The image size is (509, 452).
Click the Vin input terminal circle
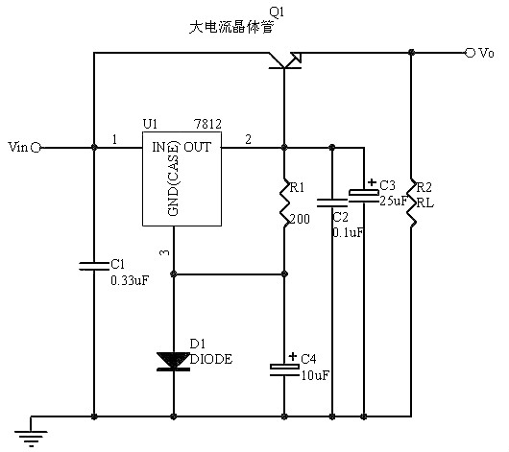(36, 148)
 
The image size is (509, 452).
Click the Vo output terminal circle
(470, 53)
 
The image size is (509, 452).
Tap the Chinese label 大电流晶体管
(231, 28)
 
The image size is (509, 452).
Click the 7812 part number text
(206, 125)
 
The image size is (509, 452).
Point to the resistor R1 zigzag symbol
(285, 202)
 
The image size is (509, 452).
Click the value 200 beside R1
(300, 219)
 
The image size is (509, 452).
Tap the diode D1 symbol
(173, 360)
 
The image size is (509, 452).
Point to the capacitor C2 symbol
(331, 202)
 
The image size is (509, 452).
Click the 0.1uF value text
(348, 232)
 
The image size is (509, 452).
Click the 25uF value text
(394, 201)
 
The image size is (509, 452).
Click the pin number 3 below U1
(163, 252)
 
